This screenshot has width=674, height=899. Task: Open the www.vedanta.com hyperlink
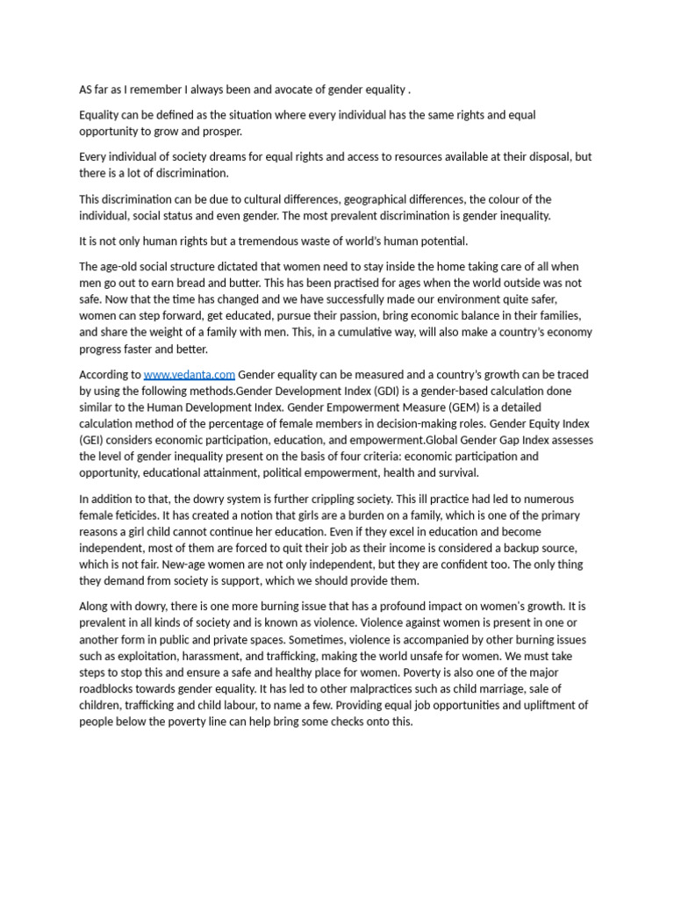[189, 375]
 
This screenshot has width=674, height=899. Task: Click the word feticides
[128, 515]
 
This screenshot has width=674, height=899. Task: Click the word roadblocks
[114, 689]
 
